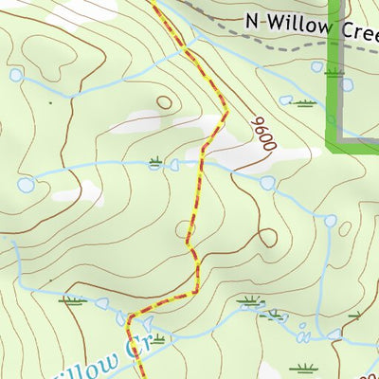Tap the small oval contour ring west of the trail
(165, 101)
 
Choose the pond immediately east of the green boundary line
(347, 85)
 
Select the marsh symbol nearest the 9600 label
(304, 100)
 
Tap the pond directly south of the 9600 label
(267, 183)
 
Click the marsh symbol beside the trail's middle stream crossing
(155, 163)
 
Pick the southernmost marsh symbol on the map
(303, 368)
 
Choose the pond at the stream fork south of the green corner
(330, 221)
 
